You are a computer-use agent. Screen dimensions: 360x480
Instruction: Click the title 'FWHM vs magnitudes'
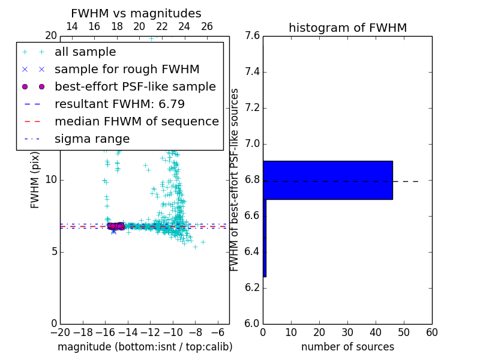136,13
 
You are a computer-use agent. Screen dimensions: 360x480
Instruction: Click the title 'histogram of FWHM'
347,28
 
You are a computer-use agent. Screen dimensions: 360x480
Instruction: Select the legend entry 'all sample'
85,52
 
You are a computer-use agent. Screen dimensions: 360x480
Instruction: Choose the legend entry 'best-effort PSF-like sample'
135,86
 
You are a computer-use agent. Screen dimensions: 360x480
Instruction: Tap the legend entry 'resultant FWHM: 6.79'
119,104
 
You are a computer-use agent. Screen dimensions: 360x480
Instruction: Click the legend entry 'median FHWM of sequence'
136,121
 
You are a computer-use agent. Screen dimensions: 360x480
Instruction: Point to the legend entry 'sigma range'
92,139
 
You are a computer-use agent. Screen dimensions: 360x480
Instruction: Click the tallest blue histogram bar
328,180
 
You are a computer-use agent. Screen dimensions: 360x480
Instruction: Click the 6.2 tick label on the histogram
252,288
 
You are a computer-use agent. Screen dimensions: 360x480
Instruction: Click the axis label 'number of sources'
347,347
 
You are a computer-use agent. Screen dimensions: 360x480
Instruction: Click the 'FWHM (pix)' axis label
35,179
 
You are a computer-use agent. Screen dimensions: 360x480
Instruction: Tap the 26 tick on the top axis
207,26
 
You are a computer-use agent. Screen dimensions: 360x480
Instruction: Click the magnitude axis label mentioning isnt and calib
145,347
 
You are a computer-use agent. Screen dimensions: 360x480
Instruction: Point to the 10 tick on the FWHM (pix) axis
51,180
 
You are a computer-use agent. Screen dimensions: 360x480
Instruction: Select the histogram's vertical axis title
235,179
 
